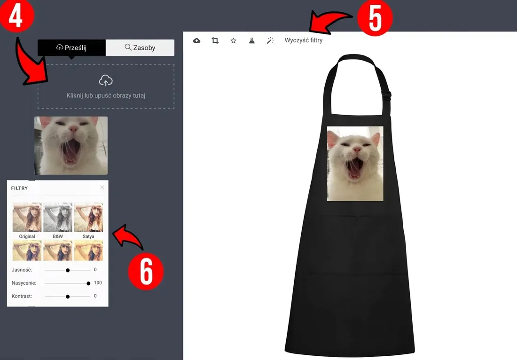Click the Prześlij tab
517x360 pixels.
(71, 48)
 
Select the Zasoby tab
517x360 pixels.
(140, 48)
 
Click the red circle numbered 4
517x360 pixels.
(16, 15)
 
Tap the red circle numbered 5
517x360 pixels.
(375, 18)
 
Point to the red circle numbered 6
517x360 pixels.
(146, 272)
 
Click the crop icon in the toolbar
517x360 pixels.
(215, 40)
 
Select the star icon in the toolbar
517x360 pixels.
(234, 40)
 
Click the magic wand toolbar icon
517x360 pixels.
(270, 40)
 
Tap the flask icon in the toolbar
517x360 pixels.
(252, 40)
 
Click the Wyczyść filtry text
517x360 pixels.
(303, 40)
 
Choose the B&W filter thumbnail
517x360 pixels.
(58, 217)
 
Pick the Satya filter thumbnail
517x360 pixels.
(88, 217)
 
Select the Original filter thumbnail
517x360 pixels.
(27, 217)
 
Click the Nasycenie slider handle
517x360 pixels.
(88, 283)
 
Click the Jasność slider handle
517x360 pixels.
(68, 270)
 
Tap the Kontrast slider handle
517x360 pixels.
(68, 297)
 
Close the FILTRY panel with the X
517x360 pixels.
(102, 187)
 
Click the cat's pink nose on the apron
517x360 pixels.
(357, 150)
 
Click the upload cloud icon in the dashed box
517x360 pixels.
(106, 80)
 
